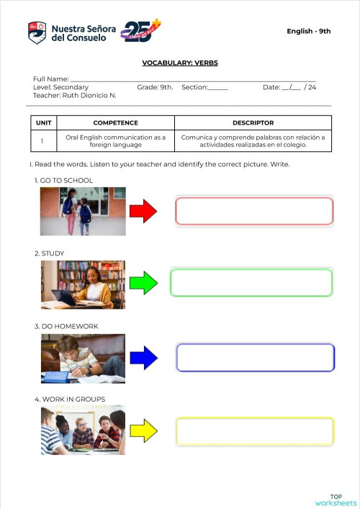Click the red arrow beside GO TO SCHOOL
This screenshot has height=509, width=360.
tap(143, 211)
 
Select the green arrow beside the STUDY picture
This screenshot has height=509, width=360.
tap(146, 282)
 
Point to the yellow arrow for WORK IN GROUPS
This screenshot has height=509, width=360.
tap(144, 431)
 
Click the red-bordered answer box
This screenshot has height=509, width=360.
tap(254, 211)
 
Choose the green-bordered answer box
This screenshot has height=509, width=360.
tap(251, 282)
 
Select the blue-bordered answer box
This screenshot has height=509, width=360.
tap(255, 357)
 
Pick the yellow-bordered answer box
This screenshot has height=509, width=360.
tap(254, 431)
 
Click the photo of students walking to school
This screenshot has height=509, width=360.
tap(84, 211)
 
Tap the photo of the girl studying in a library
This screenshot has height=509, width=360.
tap(84, 284)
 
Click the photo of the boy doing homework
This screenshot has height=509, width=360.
tap(84, 358)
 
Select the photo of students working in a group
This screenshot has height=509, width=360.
tap(83, 431)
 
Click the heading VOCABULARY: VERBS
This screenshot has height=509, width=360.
tap(180, 63)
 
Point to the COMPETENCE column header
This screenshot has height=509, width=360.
tap(115, 123)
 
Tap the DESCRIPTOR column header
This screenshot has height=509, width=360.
tap(253, 123)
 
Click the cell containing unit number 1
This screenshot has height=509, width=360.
tap(42, 140)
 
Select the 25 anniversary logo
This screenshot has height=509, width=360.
tap(140, 30)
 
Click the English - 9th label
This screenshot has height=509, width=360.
tap(308, 31)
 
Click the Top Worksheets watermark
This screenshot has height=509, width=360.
tap(336, 500)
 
